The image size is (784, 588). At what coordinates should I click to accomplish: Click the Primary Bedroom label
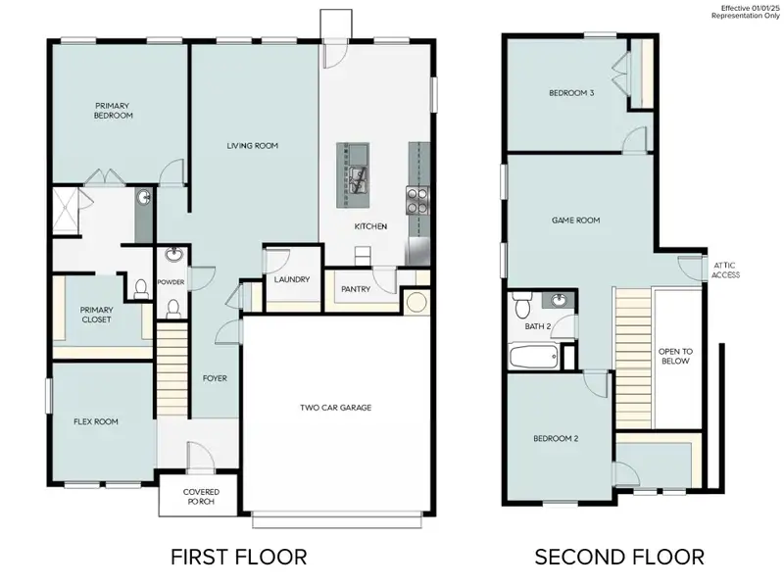114,110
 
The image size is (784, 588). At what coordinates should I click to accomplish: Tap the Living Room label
253,146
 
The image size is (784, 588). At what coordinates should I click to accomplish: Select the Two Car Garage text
335,408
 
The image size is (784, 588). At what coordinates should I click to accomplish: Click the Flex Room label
96,422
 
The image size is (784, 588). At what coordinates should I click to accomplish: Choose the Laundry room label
292,279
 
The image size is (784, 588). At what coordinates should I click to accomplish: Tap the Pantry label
354,290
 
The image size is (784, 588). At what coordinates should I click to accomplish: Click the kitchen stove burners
416,200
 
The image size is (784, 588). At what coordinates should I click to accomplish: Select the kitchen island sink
357,176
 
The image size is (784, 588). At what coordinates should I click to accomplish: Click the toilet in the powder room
173,309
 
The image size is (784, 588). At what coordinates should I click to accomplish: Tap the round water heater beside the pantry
416,302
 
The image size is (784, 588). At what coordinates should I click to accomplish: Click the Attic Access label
725,269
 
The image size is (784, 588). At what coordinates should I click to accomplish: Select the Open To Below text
674,356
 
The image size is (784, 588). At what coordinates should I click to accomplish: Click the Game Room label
574,220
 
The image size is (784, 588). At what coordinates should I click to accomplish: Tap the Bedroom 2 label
556,439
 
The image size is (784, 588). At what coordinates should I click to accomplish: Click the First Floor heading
238,557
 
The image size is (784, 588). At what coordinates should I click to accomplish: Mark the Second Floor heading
618,557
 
